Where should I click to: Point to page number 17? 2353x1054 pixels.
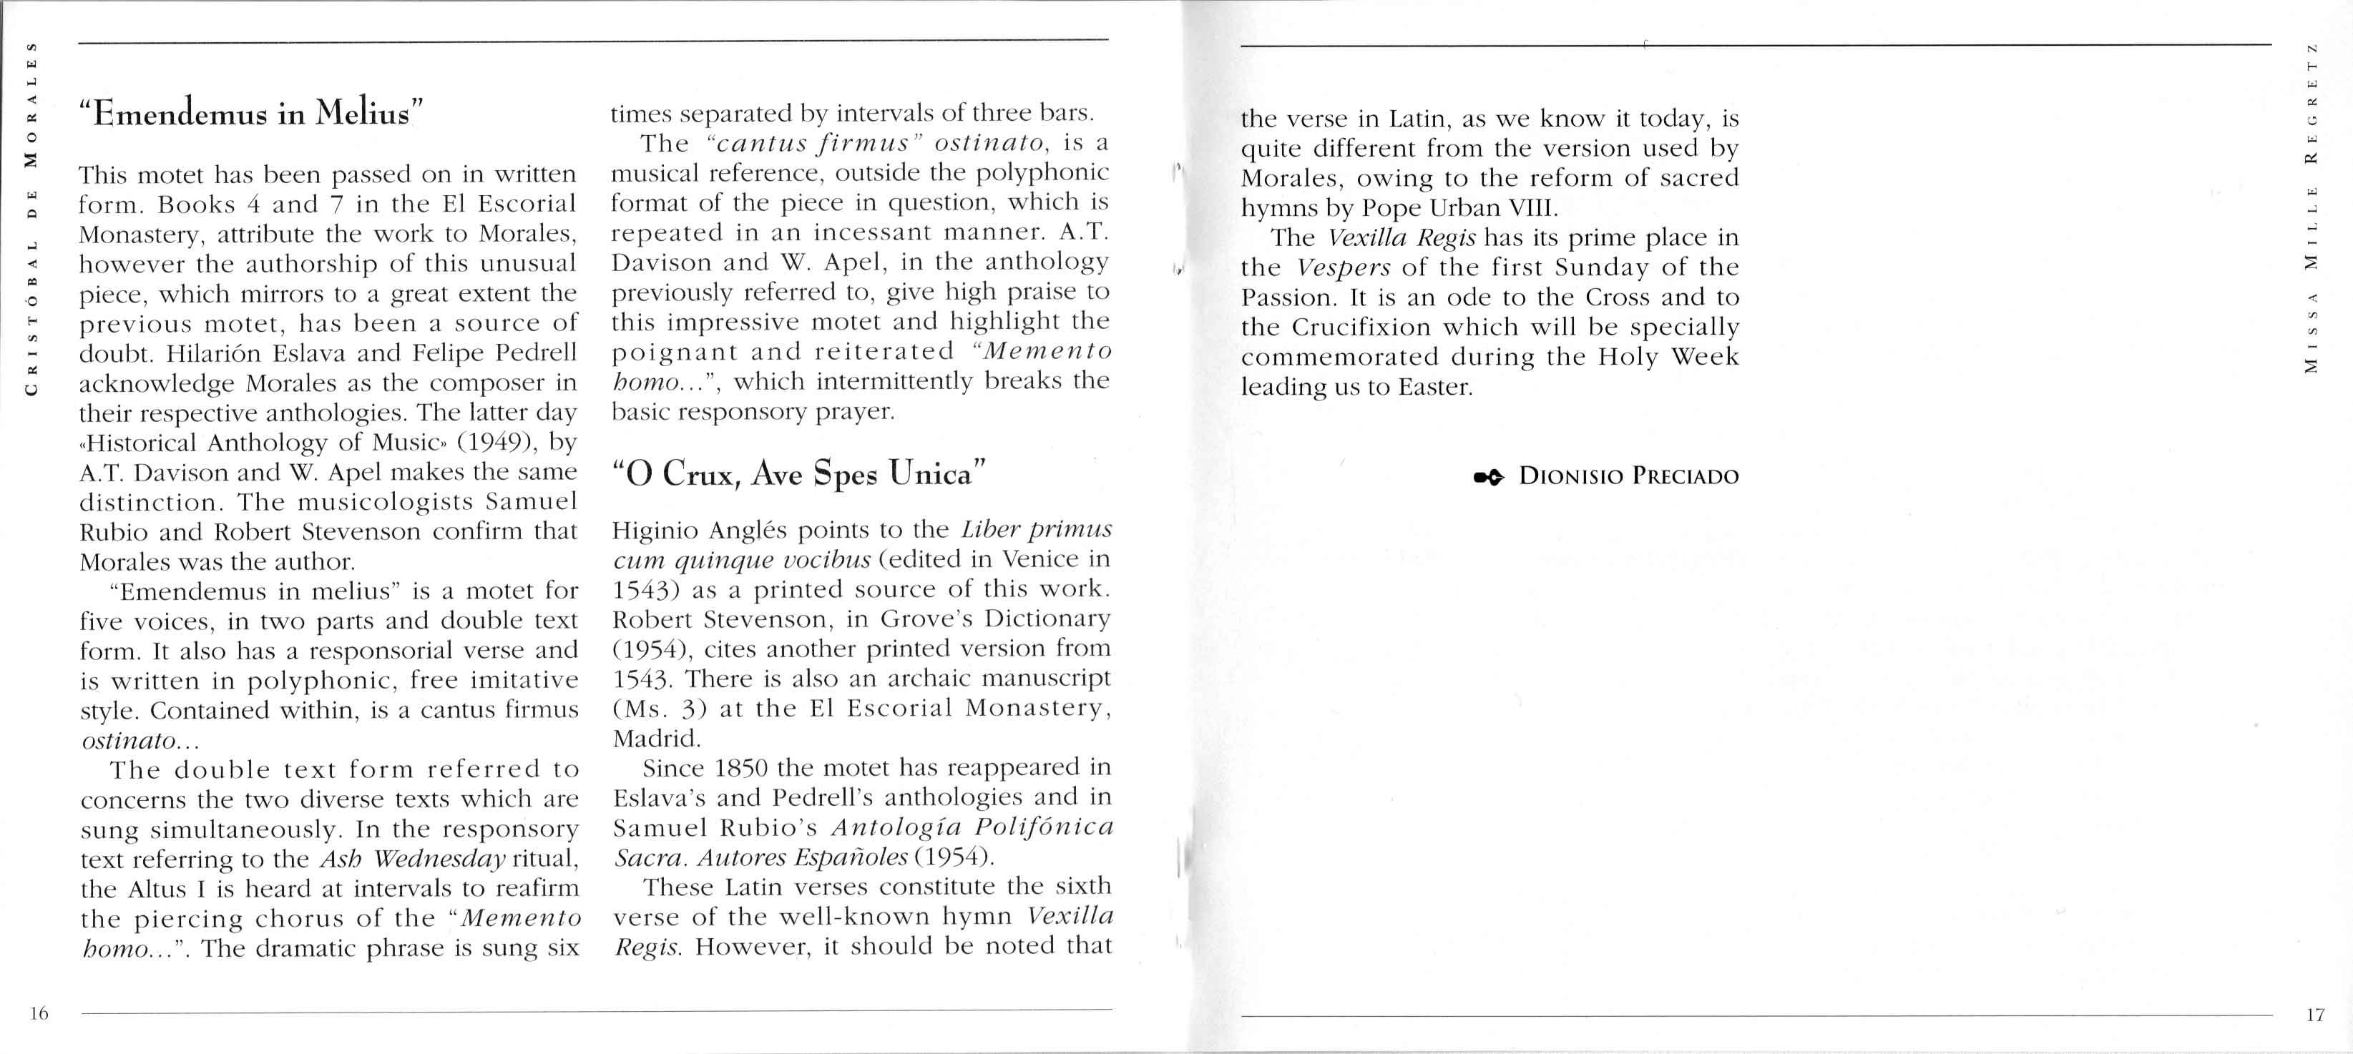(2314, 1015)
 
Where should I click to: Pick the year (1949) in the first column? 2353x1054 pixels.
(497, 442)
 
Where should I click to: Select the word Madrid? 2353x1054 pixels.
(656, 738)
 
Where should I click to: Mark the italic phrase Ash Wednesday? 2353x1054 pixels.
(412, 860)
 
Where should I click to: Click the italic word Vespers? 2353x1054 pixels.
(1343, 267)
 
